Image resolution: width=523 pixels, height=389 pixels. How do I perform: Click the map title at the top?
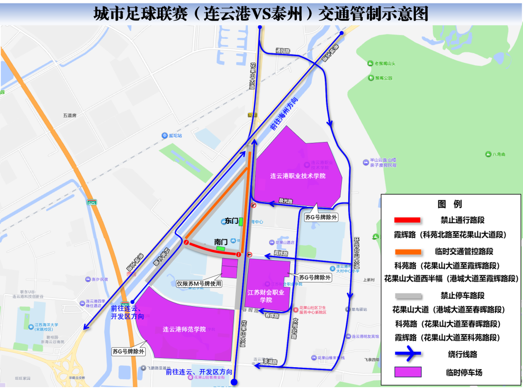[261, 13]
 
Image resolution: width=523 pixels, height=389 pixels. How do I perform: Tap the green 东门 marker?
[241, 221]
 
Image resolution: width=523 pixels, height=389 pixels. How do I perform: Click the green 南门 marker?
[221, 248]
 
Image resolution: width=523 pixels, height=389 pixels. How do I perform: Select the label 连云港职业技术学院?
[298, 176]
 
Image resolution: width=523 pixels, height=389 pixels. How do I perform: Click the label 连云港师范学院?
[185, 329]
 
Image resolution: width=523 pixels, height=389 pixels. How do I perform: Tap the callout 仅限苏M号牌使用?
[199, 284]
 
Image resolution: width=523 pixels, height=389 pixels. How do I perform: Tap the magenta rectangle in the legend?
[408, 372]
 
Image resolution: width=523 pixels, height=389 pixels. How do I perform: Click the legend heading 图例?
[451, 204]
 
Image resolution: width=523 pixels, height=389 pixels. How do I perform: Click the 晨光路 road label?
[286, 201]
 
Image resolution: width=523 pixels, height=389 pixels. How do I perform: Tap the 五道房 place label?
[70, 116]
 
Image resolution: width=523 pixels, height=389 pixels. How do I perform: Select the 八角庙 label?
[498, 154]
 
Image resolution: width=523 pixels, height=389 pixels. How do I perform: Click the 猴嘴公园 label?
[384, 78]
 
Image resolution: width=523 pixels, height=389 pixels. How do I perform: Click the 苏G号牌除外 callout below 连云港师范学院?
[128, 352]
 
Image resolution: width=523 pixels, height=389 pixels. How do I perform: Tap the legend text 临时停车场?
[464, 373]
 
